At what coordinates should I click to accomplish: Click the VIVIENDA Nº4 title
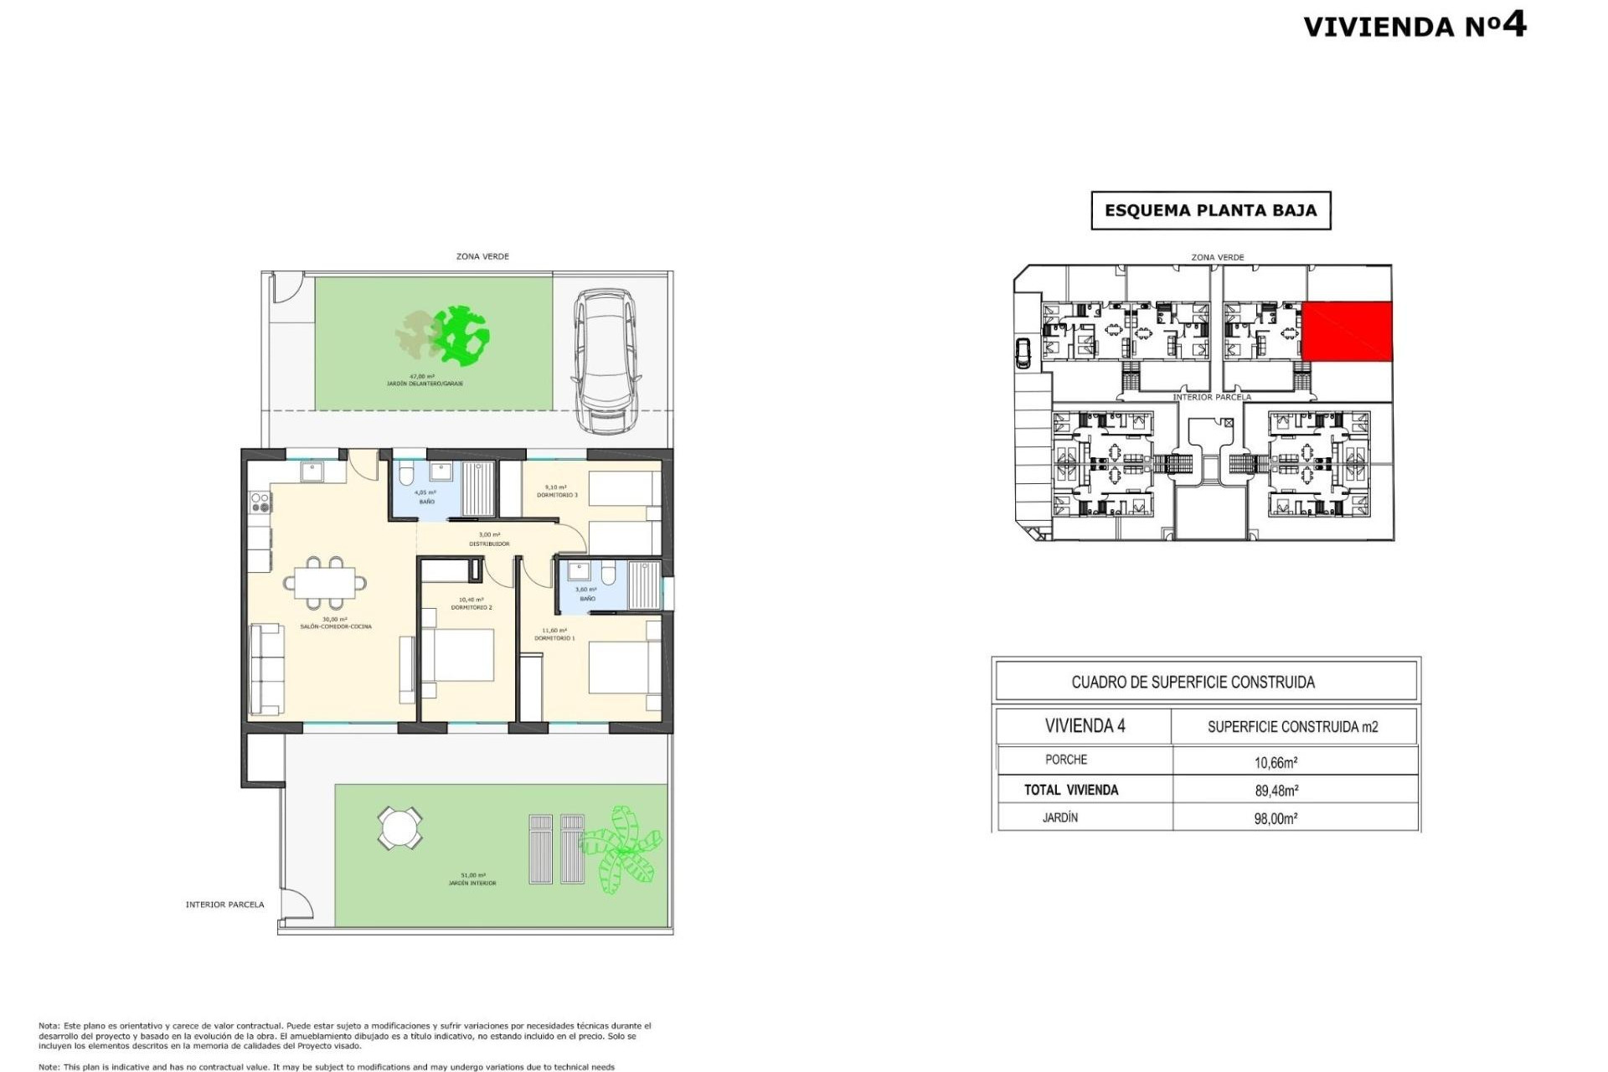click(1415, 25)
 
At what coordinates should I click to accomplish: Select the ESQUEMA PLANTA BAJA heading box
click(1210, 210)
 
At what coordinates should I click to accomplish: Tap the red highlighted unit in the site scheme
click(1347, 332)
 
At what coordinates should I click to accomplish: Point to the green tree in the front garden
click(459, 336)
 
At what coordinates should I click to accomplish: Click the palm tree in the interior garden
click(621, 848)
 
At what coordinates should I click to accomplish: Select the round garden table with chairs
click(399, 827)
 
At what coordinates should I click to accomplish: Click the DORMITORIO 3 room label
click(557, 495)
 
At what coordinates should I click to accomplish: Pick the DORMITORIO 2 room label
click(472, 607)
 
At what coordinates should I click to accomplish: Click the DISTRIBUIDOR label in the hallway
click(489, 544)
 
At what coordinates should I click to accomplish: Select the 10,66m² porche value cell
click(1276, 762)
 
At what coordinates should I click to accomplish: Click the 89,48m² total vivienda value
click(1276, 790)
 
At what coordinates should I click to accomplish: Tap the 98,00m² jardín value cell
click(1276, 818)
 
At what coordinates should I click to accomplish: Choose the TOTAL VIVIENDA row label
click(1070, 790)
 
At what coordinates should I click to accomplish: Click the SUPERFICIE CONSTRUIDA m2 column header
click(1292, 727)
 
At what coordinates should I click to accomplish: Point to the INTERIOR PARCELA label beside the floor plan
click(224, 904)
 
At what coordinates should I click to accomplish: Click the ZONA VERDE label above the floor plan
click(482, 256)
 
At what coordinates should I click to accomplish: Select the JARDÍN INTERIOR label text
click(472, 883)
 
